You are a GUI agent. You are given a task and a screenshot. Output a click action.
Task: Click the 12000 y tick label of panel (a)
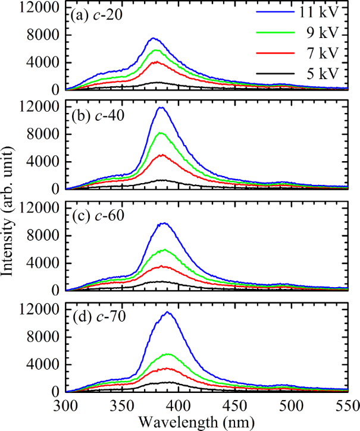pyautogui.click(x=42, y=8)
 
